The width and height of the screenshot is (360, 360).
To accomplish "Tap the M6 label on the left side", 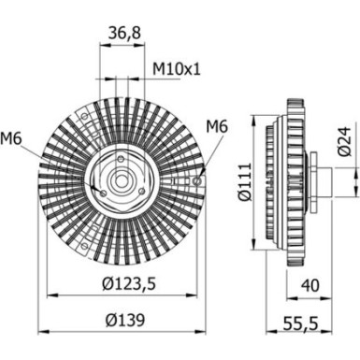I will pos(12,139).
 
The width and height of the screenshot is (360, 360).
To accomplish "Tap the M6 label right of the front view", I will pos(217,125).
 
